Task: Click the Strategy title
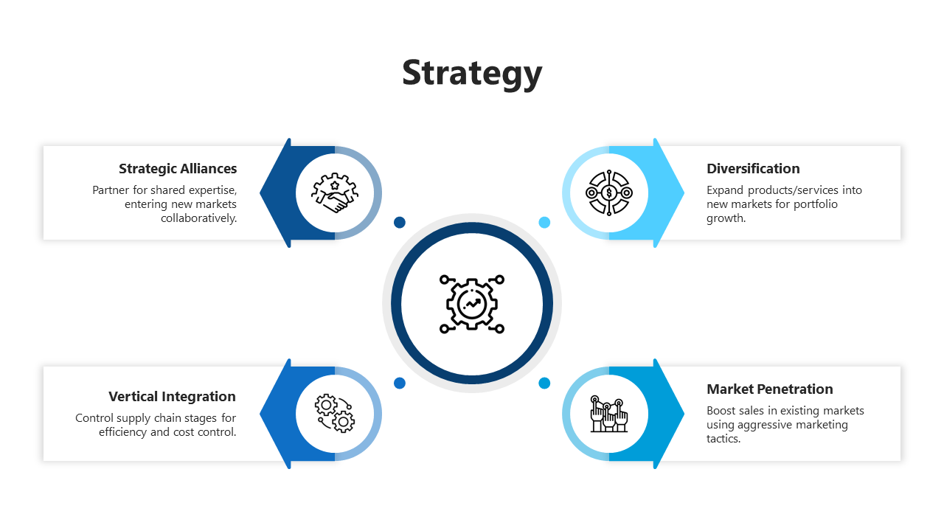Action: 472,73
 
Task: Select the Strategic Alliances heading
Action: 178,169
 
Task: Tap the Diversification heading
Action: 753,169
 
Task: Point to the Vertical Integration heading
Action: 172,397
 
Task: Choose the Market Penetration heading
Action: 769,389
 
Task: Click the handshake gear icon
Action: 335,193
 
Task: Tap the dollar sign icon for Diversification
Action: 608,193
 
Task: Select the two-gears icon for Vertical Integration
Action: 335,413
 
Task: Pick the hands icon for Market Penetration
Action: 608,413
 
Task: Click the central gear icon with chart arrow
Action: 472,303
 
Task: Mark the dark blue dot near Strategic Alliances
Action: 400,222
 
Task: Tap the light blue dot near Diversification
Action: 544,222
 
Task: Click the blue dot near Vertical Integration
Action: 400,383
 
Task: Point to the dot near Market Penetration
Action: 544,383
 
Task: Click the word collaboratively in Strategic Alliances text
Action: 199,218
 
